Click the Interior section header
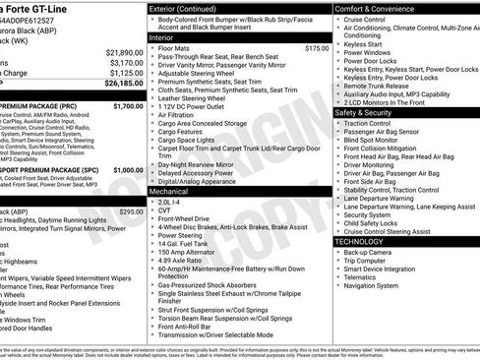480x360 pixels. [161, 36]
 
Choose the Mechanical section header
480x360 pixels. [169, 192]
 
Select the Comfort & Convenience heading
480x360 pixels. [379, 8]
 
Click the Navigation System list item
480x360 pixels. [371, 286]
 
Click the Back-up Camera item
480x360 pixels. [368, 252]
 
